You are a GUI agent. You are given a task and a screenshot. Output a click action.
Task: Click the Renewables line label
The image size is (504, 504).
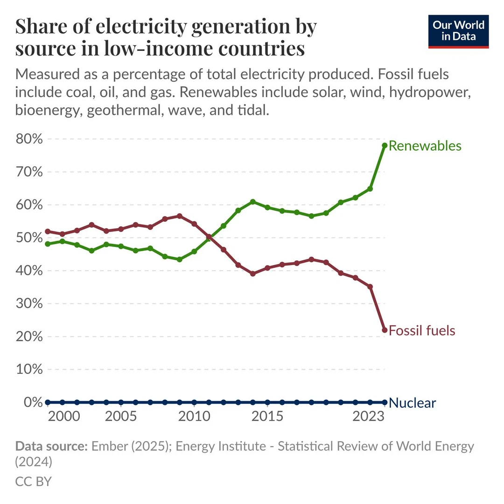click(x=425, y=146)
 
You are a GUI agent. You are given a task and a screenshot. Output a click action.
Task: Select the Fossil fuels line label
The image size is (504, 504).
click(x=421, y=331)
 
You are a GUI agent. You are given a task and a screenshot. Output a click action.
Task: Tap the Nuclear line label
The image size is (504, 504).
click(x=412, y=403)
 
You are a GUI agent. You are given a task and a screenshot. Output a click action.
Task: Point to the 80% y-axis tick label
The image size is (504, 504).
click(x=30, y=140)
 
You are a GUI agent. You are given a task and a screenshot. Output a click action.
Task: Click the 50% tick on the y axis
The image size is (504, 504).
click(x=30, y=238)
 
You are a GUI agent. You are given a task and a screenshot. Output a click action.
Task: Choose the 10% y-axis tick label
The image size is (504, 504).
click(x=30, y=370)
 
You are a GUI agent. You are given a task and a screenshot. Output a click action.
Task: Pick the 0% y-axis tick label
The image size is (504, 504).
click(x=34, y=402)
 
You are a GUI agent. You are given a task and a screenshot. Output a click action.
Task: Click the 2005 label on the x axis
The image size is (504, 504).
click(x=121, y=416)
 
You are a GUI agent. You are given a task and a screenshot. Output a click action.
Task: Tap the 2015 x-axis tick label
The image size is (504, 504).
click(x=267, y=416)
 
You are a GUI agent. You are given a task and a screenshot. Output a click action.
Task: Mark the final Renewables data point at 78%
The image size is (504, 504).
click(x=385, y=146)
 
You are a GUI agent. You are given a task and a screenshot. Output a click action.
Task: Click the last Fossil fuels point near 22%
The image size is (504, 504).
click(x=385, y=330)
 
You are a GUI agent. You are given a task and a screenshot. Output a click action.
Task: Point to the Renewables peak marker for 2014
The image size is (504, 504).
click(x=253, y=202)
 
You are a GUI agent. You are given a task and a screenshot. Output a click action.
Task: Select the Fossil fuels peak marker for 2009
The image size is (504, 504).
click(x=180, y=216)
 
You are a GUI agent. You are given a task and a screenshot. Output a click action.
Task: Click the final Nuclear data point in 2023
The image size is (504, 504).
click(x=385, y=402)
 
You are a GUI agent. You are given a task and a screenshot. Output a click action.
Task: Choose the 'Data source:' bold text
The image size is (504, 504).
click(x=51, y=446)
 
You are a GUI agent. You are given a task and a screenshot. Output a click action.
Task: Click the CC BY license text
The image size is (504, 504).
click(x=33, y=481)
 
